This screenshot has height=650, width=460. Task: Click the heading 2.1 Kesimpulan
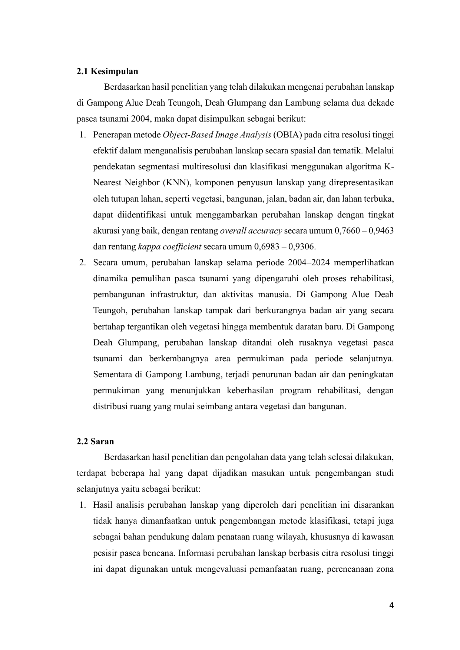(x=107, y=71)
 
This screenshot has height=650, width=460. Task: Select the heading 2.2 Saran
(x=95, y=441)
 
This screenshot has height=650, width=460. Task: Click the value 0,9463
(x=381, y=231)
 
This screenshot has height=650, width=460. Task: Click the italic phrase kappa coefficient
(x=169, y=247)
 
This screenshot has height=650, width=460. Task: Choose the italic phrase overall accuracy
(x=251, y=231)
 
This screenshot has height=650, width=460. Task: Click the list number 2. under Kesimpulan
(x=83, y=263)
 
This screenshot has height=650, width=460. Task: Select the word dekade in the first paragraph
(x=381, y=103)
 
